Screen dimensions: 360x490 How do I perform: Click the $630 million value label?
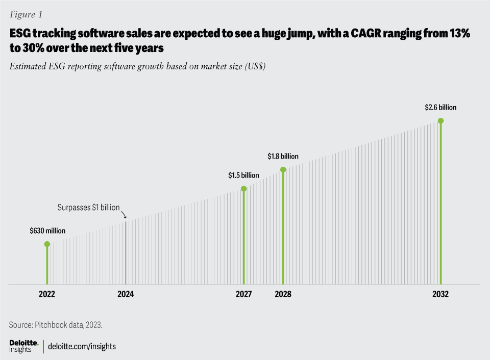point(47,231)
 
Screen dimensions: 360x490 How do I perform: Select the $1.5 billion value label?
point(243,175)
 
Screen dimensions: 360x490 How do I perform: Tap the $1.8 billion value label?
point(283,157)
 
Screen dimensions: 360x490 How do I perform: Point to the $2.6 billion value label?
point(440,108)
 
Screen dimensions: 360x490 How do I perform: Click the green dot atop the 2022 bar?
point(47,244)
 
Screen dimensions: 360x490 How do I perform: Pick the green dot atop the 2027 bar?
point(243,189)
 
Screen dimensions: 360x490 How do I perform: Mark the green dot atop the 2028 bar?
point(283,169)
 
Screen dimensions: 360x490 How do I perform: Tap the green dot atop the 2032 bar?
point(440,121)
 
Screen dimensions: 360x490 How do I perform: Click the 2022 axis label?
point(47,294)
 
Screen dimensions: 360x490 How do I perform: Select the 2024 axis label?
point(126,294)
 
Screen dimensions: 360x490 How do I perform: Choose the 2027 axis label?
point(243,294)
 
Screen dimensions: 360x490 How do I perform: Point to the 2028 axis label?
point(283,294)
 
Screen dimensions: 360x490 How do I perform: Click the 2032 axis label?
point(440,294)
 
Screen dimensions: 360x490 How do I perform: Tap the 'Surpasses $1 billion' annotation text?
point(88,208)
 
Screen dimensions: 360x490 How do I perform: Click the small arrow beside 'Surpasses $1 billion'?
point(124,215)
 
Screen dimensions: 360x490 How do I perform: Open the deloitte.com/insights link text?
point(82,347)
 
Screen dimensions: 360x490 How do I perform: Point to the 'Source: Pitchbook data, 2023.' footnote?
point(59,325)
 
